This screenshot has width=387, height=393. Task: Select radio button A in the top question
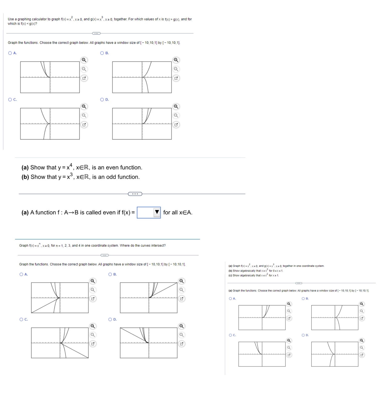tap(10, 53)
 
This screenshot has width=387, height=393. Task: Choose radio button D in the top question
tap(102, 100)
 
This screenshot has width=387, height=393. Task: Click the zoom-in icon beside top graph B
tap(176, 60)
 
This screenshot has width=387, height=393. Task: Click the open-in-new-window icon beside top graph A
tap(84, 78)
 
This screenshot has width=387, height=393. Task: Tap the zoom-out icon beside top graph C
tap(84, 115)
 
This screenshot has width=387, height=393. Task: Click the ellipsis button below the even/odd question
tap(135, 194)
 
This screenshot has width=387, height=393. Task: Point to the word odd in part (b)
tap(111, 177)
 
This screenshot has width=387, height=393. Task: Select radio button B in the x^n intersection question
tap(110, 274)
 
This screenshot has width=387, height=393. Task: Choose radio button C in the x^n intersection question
tap(21, 320)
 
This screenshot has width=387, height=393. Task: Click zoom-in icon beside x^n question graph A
tap(93, 281)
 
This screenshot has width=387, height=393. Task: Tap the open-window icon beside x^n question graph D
tap(182, 344)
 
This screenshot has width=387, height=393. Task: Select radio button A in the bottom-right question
tap(230, 299)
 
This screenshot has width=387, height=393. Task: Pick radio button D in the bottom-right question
tap(303, 335)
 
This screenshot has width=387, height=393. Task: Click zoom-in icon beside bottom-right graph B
tap(362, 304)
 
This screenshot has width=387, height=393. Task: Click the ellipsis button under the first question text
tap(96, 33)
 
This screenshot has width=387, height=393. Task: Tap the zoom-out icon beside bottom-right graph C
tap(289, 348)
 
